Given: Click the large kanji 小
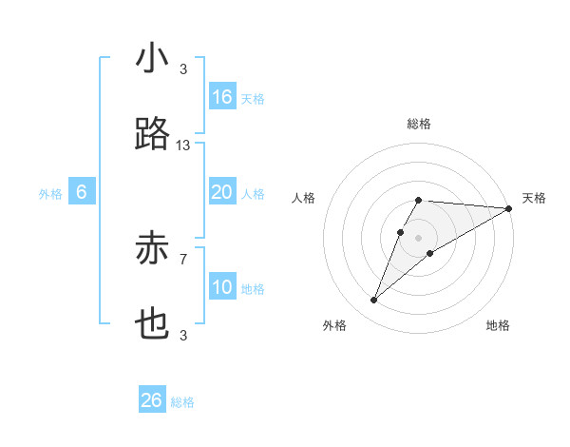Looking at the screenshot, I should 152,59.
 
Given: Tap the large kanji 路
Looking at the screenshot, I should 152,135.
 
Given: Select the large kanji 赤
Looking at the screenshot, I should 152,249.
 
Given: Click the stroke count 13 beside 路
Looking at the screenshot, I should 183,145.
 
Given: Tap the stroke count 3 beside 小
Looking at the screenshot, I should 183,68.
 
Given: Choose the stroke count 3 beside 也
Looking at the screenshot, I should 183,335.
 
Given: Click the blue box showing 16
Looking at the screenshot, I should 222,97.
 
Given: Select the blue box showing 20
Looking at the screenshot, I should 222,192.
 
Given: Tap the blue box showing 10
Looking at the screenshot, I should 222,287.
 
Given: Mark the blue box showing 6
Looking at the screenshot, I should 82,192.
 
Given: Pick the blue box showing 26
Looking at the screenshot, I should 152,400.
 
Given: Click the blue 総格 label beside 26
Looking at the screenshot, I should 182,402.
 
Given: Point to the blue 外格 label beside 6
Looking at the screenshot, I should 50,194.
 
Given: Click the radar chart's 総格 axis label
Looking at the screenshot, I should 418,124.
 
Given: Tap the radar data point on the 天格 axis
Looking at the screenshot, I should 509,208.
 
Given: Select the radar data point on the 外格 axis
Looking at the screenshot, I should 374,301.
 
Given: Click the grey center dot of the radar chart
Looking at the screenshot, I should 418,237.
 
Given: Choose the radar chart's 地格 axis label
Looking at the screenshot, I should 498,325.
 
